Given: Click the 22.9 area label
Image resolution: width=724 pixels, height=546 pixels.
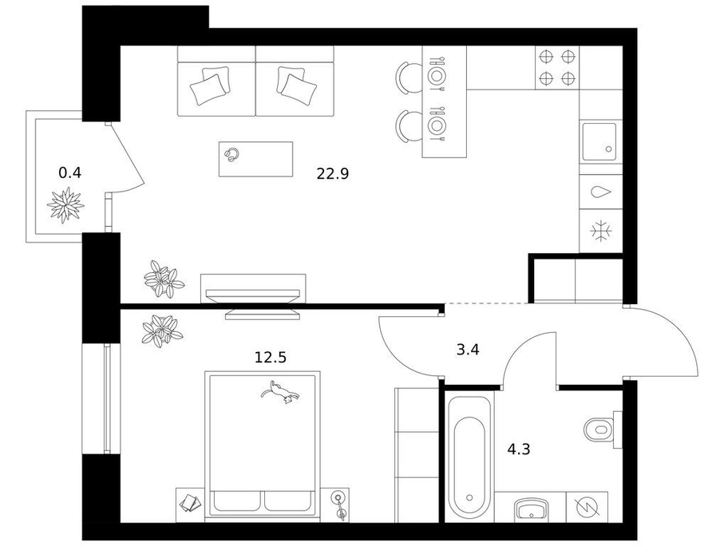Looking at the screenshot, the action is (x=332, y=174).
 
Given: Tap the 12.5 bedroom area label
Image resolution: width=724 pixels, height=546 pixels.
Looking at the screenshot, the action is (x=271, y=357).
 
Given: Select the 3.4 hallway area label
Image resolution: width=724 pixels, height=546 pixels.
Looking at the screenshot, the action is (x=468, y=350).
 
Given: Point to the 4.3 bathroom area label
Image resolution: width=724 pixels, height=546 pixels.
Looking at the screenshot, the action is (x=519, y=449).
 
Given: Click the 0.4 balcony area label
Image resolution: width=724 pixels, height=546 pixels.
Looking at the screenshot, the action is (x=69, y=172).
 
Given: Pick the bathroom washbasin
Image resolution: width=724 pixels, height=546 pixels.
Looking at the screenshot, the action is (x=531, y=510).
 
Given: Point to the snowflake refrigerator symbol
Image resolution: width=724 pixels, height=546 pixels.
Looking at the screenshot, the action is (x=601, y=231).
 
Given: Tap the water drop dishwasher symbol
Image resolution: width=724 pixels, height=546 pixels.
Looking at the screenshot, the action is (x=601, y=192).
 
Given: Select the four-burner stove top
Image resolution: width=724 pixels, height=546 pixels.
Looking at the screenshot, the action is (x=557, y=68).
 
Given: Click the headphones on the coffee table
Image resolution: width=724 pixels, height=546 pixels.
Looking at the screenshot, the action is (x=231, y=154).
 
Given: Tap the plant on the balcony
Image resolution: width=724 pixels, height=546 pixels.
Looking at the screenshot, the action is (x=65, y=205).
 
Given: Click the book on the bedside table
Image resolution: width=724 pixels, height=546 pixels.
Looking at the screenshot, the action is (x=190, y=503).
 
